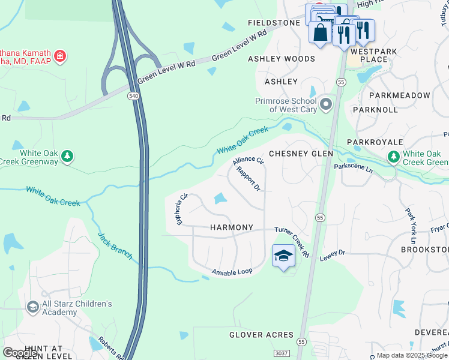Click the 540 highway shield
point(133,96)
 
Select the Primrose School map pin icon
point(326,104)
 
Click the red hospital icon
point(60,57)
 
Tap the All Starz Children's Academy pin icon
point(32,308)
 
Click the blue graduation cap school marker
point(284,256)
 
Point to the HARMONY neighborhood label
point(232,228)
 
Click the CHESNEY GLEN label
point(301,154)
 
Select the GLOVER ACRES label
point(261,335)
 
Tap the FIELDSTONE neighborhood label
point(274,23)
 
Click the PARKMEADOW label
point(400,95)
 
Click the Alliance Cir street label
point(249,161)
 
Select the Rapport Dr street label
point(248,179)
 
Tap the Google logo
point(20,352)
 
